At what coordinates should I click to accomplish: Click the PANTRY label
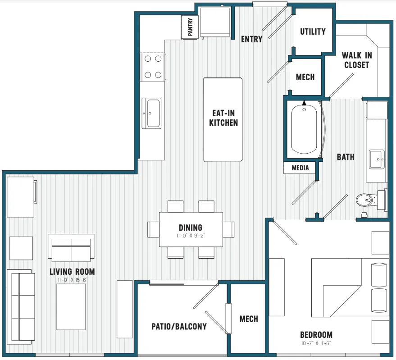[x=190, y=27]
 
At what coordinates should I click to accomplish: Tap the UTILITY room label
[x=313, y=32]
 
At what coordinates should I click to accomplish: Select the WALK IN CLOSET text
[x=357, y=60]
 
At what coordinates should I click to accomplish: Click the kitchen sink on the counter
[x=151, y=113]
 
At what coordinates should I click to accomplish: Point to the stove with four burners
[x=153, y=67]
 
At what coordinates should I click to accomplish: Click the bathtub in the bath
[x=304, y=130]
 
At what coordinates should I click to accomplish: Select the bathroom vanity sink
[x=377, y=159]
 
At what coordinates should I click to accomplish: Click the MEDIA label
[x=300, y=168]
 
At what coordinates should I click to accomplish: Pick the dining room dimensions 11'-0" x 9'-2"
[x=191, y=236]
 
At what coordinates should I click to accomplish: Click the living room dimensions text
[x=73, y=280]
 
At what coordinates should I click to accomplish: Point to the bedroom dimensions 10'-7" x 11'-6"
[x=316, y=343]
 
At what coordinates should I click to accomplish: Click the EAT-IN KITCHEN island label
[x=223, y=118]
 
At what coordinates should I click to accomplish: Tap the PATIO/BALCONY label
[x=179, y=327]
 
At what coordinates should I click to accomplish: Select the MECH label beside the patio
[x=249, y=319]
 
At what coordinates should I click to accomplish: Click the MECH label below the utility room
[x=305, y=77]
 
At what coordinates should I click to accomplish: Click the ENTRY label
[x=251, y=39]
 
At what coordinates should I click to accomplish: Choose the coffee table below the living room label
[x=71, y=307]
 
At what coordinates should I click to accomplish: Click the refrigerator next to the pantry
[x=215, y=22]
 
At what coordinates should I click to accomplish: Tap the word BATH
[x=346, y=157]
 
